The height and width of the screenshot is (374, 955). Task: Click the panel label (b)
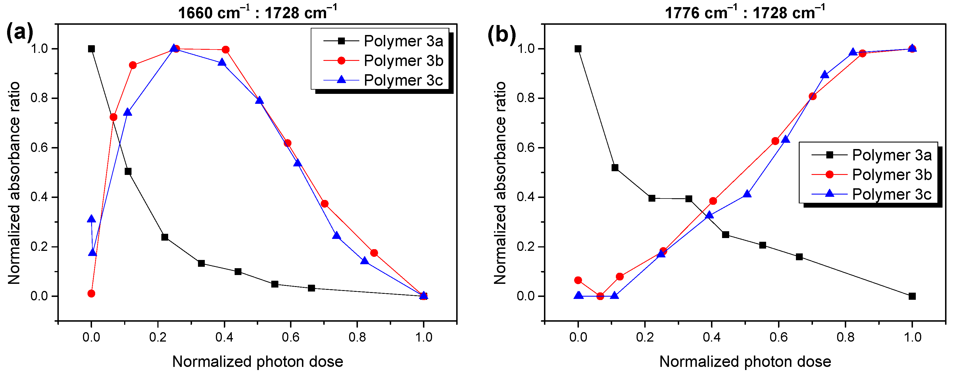click(x=501, y=35)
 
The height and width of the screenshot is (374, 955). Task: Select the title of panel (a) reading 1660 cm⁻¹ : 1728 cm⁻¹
click(x=257, y=13)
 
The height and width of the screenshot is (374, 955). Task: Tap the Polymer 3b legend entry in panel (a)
click(x=403, y=61)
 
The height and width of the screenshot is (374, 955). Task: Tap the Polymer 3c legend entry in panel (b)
click(x=891, y=194)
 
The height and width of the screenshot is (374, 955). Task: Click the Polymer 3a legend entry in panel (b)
click(x=891, y=155)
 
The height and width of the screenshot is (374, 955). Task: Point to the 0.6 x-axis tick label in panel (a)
click(x=291, y=337)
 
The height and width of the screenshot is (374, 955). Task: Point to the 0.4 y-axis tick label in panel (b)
click(x=526, y=197)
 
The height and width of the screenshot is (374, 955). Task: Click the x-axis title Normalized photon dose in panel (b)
click(x=745, y=361)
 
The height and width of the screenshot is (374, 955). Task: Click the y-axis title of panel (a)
click(x=14, y=183)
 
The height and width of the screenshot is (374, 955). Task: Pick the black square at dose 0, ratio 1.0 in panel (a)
click(x=91, y=49)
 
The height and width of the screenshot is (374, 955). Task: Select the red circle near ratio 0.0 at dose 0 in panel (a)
click(x=91, y=294)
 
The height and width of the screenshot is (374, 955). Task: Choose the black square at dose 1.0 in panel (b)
click(x=912, y=296)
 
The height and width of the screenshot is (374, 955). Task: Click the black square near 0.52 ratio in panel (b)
click(x=615, y=168)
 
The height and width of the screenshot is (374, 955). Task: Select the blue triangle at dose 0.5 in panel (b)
click(x=747, y=194)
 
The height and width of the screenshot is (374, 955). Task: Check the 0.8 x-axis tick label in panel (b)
click(x=845, y=337)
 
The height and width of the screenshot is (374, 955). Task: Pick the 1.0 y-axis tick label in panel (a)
click(x=39, y=49)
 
